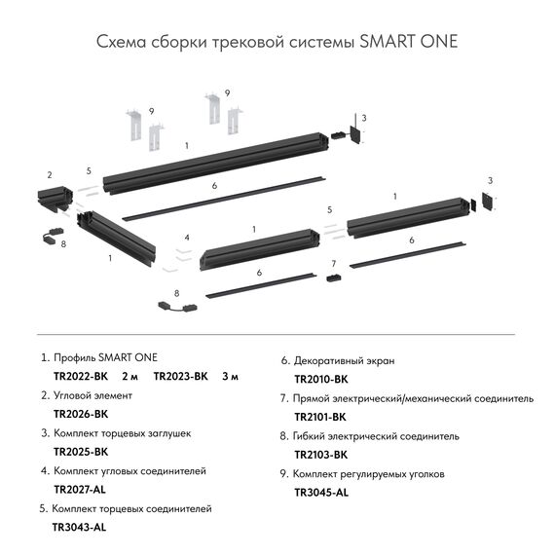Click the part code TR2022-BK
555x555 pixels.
click(x=81, y=376)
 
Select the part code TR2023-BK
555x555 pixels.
click(x=181, y=376)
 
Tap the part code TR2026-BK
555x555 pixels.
click(x=81, y=414)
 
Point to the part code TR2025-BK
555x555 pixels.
click(x=81, y=452)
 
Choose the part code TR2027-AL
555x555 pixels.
click(x=80, y=490)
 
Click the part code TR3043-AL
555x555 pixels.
click(x=80, y=528)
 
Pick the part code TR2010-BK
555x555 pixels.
click(x=320, y=378)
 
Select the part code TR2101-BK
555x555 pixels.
click(x=320, y=416)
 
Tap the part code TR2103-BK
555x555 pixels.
click(x=320, y=454)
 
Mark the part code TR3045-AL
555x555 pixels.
click(x=320, y=492)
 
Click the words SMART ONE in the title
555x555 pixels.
click(x=408, y=43)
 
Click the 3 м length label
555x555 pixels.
click(x=231, y=376)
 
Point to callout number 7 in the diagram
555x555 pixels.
click(x=333, y=264)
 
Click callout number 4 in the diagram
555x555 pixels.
click(x=186, y=238)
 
